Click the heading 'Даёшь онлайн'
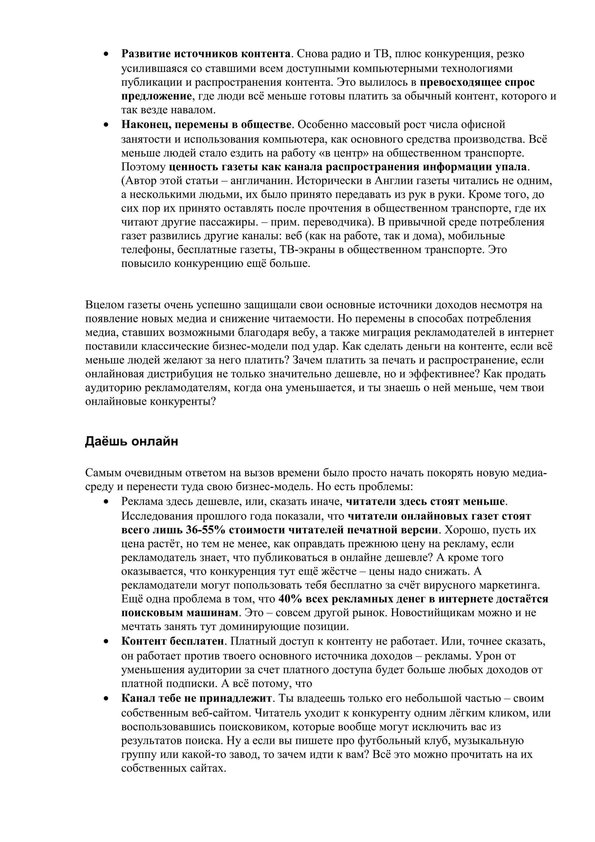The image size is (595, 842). point(131,441)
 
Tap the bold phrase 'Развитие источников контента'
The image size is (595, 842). point(206,54)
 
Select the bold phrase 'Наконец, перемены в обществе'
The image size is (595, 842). point(206,125)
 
